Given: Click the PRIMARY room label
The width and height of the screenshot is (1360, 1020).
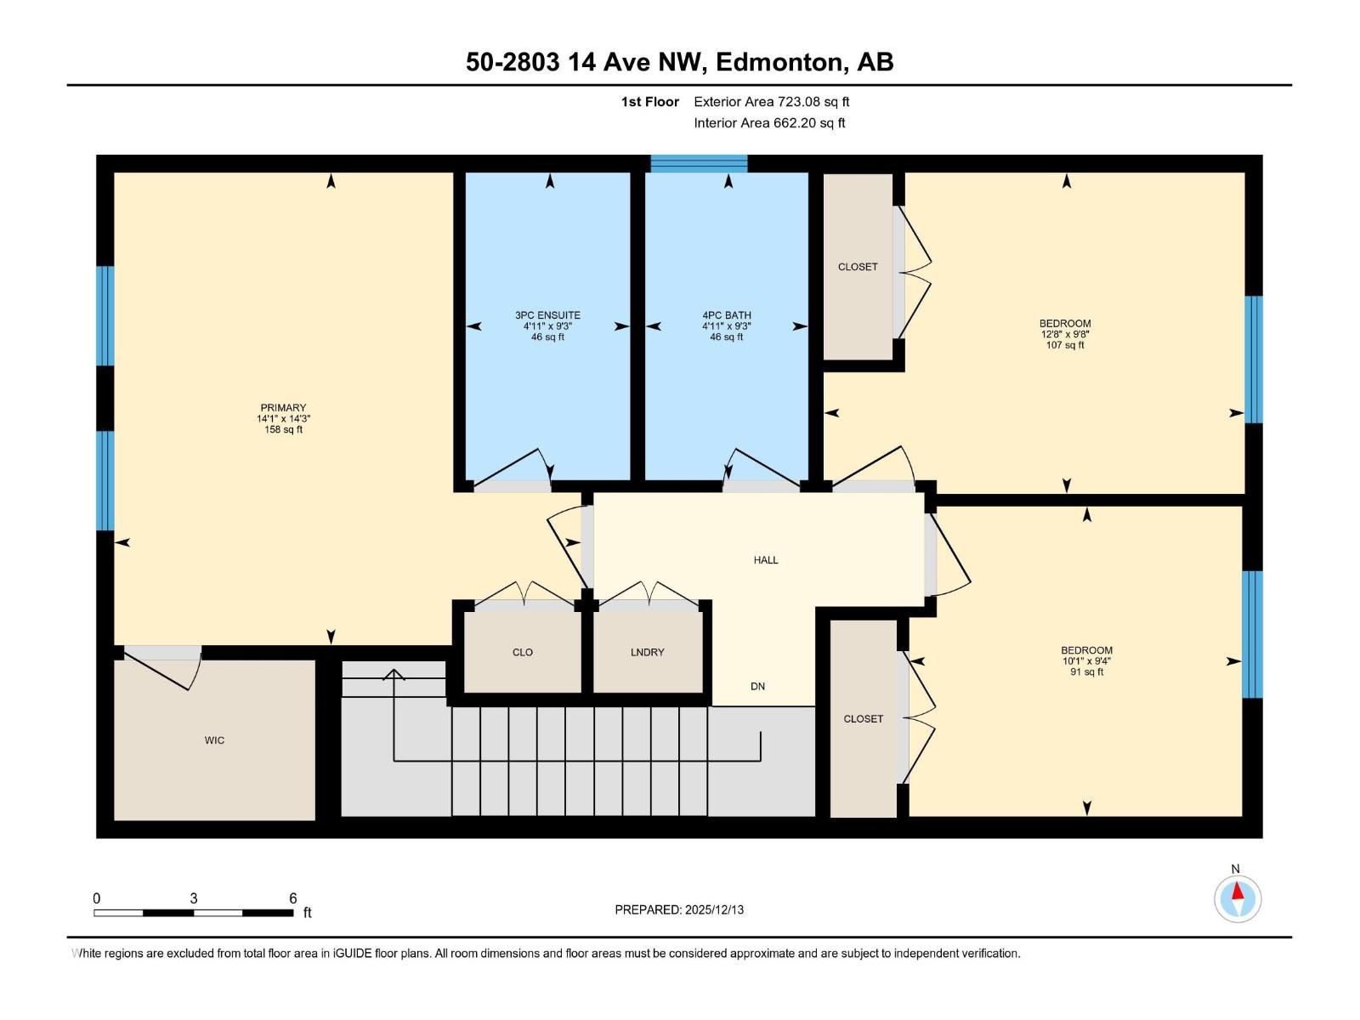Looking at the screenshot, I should (x=283, y=408).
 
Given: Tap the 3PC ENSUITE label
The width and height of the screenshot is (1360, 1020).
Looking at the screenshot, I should (x=547, y=315).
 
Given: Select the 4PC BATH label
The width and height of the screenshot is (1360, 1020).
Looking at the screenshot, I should (x=727, y=315).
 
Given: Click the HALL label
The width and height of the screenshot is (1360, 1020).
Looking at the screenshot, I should (x=766, y=560).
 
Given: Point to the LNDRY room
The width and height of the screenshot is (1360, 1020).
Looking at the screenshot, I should (x=648, y=652).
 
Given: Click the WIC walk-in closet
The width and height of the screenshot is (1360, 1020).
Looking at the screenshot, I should (x=214, y=740).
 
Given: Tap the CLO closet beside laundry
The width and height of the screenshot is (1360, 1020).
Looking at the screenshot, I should (x=523, y=652).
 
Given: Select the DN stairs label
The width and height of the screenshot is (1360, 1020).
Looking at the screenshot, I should (x=757, y=686).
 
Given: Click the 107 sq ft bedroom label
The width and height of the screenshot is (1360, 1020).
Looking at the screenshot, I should (x=1065, y=333).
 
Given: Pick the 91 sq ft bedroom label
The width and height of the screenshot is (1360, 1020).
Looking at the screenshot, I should (x=1086, y=660).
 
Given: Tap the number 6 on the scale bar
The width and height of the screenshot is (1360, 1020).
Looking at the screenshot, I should (x=293, y=898).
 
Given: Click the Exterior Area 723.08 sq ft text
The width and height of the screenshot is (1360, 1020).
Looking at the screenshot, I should (x=772, y=102).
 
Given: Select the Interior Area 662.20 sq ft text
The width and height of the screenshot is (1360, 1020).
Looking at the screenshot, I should (x=769, y=123).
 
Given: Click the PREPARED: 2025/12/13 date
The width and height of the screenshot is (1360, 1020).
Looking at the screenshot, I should (x=679, y=909).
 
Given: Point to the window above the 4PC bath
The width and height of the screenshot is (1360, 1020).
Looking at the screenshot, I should (x=699, y=163).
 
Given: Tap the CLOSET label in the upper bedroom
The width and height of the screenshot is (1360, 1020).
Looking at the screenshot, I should (x=858, y=267).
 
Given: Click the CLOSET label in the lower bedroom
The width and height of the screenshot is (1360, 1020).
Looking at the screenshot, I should (x=864, y=719).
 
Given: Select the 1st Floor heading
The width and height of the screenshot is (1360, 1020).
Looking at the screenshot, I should (x=650, y=102).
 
